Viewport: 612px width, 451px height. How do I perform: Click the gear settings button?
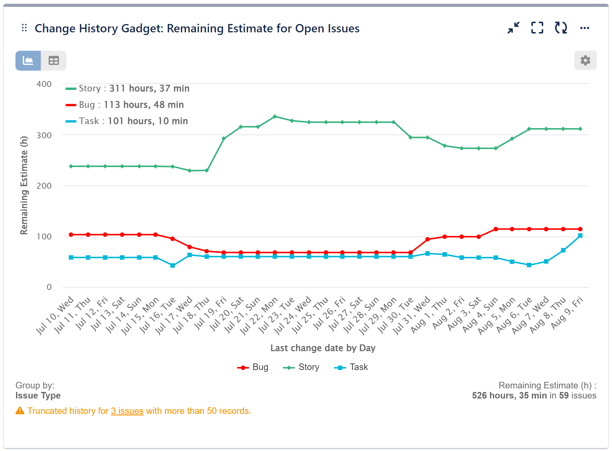585,61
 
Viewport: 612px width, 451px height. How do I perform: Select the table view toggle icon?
54,61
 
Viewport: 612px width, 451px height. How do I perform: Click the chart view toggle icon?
28,61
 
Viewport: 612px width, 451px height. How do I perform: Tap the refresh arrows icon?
561,28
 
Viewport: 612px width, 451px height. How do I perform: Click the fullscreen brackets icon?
537,28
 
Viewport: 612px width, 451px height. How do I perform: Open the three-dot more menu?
584,28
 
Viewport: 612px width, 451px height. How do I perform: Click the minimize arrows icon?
513,28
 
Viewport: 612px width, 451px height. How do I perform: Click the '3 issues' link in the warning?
127,411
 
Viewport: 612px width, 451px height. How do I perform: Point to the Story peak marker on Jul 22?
275,117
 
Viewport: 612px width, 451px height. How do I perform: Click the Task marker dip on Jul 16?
173,265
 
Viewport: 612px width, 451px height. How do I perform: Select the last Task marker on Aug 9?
580,236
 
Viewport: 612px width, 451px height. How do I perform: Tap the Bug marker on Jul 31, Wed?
428,239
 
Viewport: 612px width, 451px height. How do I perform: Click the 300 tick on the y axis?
44,135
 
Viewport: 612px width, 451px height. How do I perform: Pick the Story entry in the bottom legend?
301,367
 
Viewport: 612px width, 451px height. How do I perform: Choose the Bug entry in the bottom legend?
253,367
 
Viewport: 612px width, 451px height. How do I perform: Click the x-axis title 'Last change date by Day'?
323,348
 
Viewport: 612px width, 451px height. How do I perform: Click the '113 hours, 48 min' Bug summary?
144,105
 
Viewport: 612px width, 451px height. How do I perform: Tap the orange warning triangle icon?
20,411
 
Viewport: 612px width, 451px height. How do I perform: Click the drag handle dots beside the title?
24,28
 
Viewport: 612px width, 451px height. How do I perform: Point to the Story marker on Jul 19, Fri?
224,139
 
